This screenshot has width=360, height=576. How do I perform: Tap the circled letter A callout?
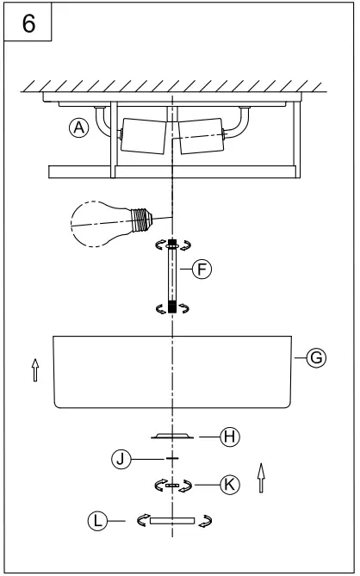coord(79,127)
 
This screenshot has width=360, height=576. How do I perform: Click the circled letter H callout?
coord(229,437)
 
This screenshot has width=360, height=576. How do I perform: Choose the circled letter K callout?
coord(226,486)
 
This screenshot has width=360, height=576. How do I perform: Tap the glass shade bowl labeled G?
coord(172,370)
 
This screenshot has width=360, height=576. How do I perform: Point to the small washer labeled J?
coord(173,459)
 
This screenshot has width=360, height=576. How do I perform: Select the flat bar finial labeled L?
coord(172,520)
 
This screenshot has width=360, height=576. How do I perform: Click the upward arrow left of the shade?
coord(34,369)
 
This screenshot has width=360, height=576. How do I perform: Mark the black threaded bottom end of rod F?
coord(173,307)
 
